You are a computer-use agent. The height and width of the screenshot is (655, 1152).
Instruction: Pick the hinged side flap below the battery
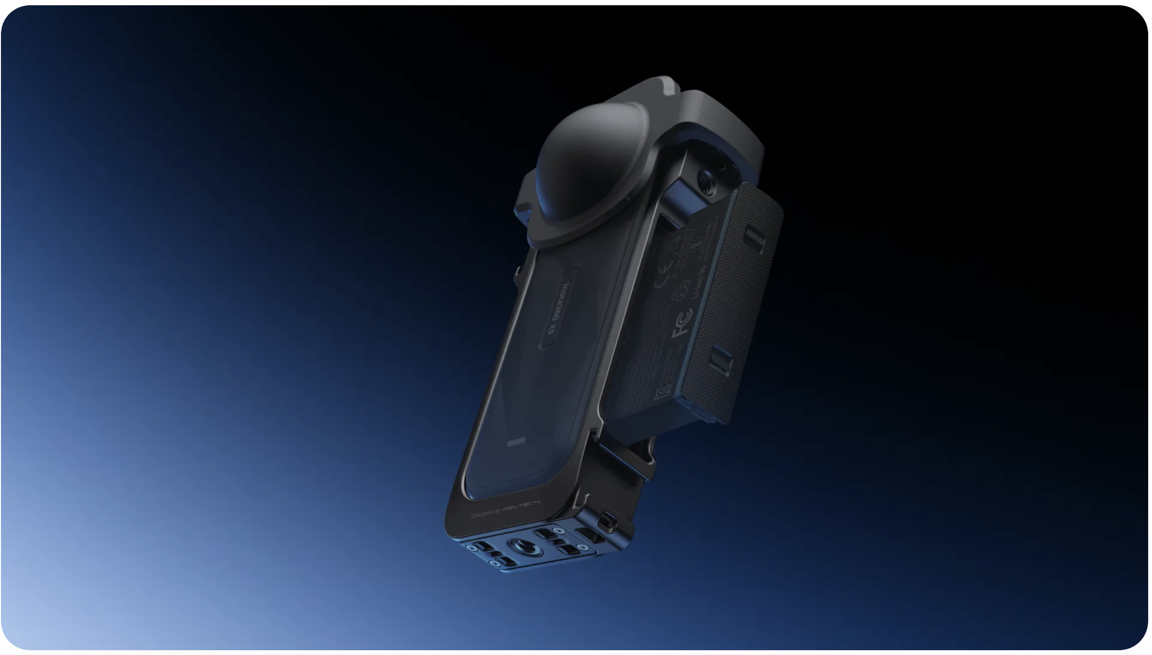click(621, 454)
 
